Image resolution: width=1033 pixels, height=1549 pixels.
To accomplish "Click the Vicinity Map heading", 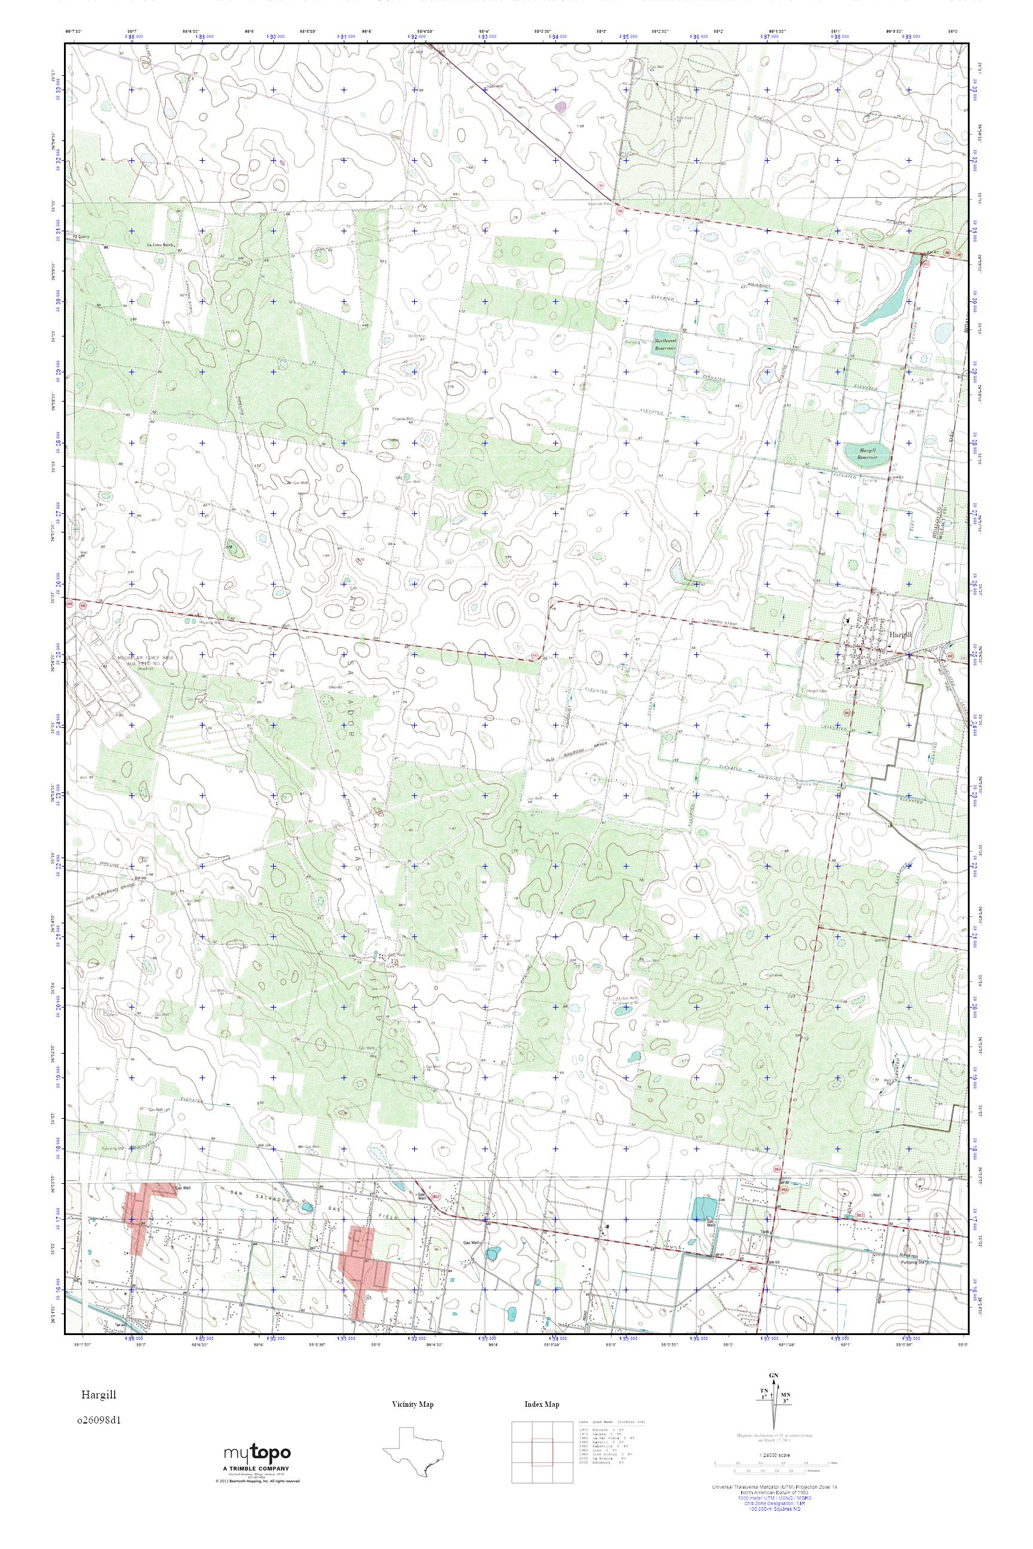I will pyautogui.click(x=412, y=1405).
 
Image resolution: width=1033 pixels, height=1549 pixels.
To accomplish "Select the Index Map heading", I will pyautogui.click(x=542, y=1405).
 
